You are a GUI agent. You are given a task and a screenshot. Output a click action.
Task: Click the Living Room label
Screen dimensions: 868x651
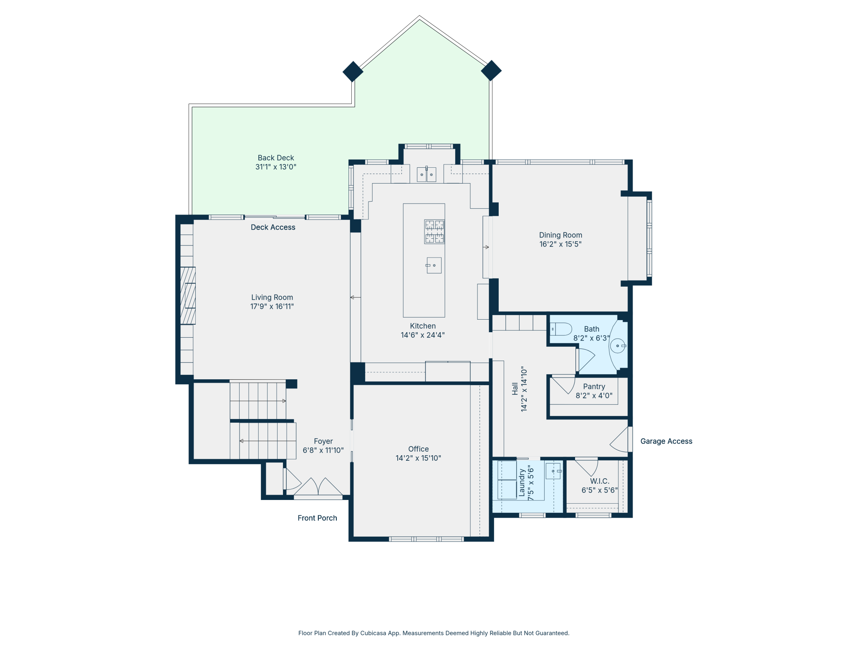click(272, 297)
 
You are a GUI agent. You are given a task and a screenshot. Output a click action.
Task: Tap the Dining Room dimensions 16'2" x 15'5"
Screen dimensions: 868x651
click(560, 244)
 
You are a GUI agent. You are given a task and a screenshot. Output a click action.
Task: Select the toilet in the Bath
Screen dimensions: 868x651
click(560, 329)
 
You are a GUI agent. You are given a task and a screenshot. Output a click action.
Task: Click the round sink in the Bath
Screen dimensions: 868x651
click(618, 346)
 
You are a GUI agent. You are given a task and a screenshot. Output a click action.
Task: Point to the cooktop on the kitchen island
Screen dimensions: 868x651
click(434, 232)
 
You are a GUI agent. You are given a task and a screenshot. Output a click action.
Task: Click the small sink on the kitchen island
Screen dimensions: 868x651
click(434, 265)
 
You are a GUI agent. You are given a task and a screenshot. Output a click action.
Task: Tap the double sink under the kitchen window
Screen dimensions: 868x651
click(426, 174)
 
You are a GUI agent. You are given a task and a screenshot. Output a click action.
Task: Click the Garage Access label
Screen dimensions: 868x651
click(666, 441)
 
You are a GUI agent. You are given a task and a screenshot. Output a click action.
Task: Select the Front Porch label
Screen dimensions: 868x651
click(317, 518)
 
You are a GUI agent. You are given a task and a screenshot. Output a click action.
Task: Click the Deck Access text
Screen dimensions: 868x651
click(273, 227)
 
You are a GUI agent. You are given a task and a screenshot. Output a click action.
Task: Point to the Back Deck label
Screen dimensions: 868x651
click(276, 158)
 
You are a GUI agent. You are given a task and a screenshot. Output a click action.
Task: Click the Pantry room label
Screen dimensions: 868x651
click(594, 386)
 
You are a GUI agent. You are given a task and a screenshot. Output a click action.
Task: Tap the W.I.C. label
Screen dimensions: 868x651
click(600, 481)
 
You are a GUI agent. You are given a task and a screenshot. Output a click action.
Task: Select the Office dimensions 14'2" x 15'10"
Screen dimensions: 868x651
click(418, 458)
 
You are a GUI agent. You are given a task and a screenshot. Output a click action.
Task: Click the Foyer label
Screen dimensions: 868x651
click(323, 441)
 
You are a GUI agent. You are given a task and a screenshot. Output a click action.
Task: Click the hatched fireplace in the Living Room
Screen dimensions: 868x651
click(188, 295)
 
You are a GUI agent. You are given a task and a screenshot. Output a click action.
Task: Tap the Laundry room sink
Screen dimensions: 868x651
click(553, 471)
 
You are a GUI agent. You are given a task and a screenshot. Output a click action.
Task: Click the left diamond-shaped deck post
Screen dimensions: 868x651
click(353, 71)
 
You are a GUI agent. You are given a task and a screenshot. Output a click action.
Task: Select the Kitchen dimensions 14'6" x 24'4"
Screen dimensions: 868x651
click(423, 335)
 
